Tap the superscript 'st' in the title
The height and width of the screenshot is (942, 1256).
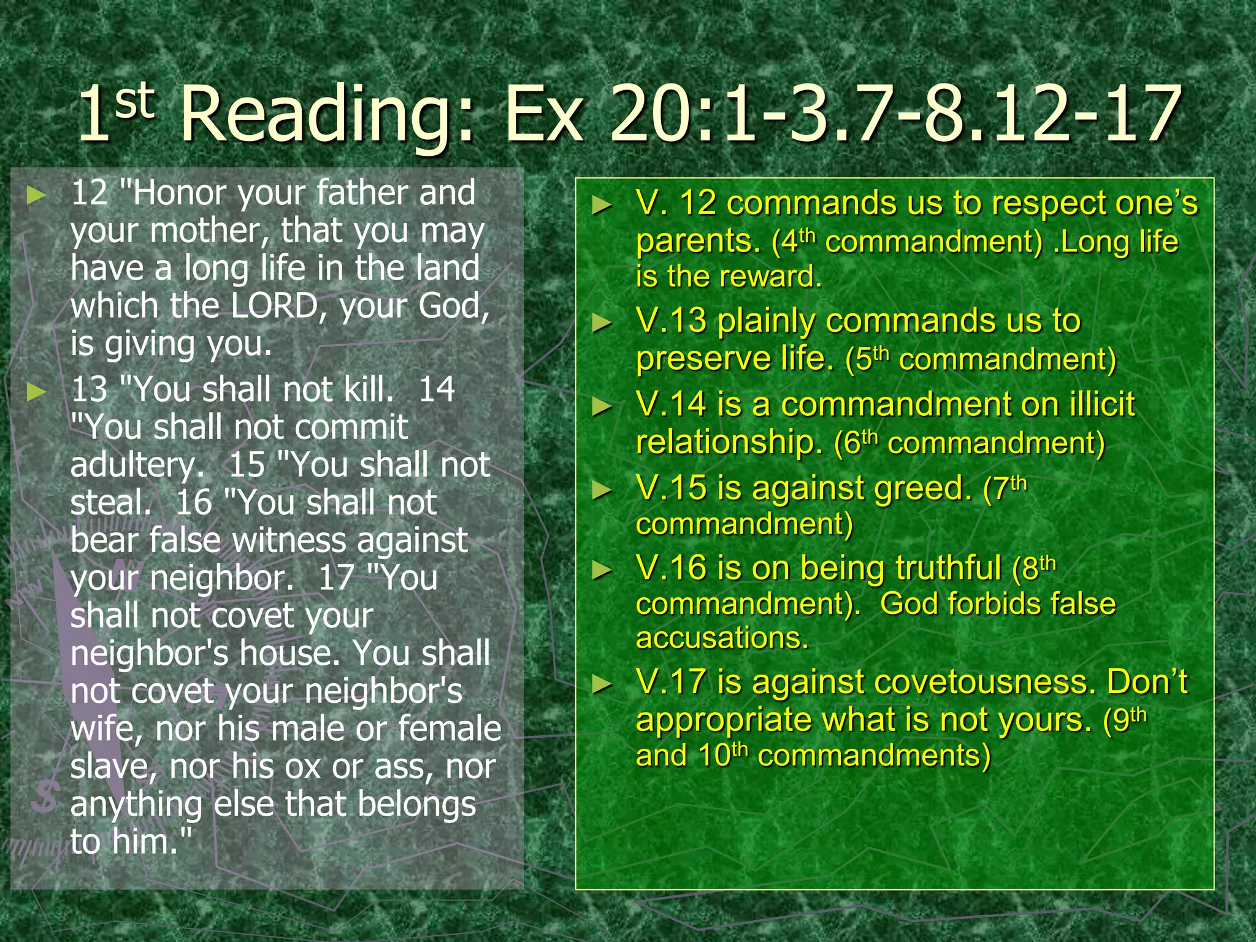click(134, 101)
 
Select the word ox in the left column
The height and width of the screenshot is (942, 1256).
click(303, 767)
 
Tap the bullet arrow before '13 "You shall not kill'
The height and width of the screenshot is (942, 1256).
click(37, 392)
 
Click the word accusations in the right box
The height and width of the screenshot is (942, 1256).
click(722, 638)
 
